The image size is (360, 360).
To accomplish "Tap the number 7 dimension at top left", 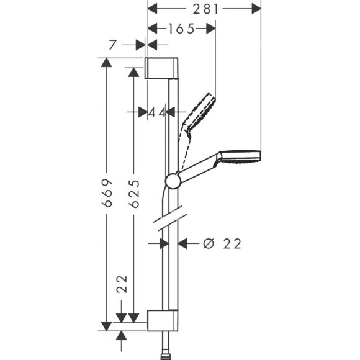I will [x=112, y=45].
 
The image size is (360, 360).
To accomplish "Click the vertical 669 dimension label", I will [x=106, y=194].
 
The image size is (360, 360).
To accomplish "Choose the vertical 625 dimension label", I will [x=132, y=195].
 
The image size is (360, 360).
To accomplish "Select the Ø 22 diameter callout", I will [x=221, y=244].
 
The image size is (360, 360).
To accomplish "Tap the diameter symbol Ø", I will [x=208, y=244].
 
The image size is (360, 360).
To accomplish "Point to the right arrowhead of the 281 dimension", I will [x=256, y=8].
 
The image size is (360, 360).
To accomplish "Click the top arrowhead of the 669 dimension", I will [x=106, y=62].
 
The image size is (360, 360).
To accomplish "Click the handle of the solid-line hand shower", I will [x=197, y=169].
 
